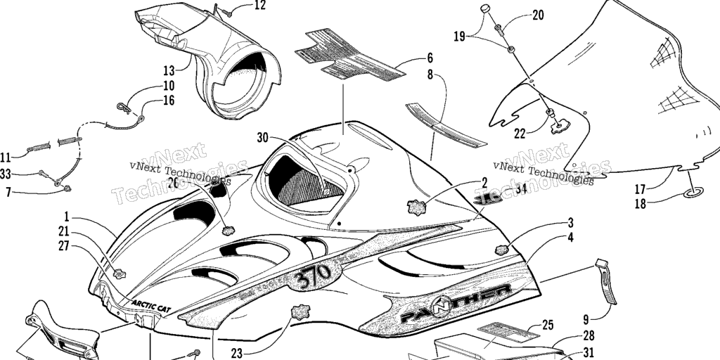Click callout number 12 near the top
tap(260, 6)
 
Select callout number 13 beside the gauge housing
tap(169, 70)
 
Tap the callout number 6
tap(430, 58)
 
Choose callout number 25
tap(548, 325)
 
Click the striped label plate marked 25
tap(500, 330)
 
